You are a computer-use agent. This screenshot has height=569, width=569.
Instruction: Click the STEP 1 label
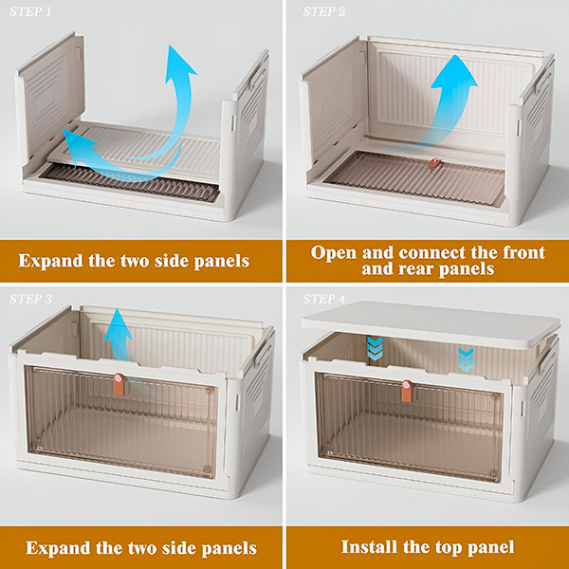30,11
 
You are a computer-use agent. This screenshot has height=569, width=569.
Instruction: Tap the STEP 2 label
324,11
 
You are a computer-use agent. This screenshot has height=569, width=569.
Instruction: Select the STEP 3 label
31,299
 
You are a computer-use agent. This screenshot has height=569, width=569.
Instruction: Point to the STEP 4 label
324,299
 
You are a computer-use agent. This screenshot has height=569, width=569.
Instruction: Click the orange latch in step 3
119,385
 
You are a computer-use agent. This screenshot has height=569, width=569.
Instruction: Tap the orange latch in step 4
407,391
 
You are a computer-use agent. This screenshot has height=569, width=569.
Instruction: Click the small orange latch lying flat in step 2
433,162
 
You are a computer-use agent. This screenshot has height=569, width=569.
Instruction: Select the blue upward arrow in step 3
118,335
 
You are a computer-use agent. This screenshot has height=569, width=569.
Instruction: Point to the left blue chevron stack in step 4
375,348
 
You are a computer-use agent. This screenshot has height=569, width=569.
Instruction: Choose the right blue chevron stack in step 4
466,359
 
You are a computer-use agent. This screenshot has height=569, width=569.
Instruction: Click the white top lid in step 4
431,324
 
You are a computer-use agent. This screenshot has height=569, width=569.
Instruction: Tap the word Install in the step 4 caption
369,547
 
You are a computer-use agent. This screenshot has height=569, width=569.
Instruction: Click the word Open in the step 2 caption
334,253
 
